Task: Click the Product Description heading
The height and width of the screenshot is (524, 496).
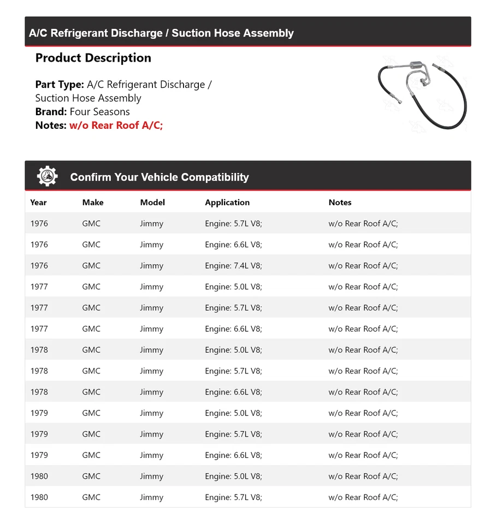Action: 93,58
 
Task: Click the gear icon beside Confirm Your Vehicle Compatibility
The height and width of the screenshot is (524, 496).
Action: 47,176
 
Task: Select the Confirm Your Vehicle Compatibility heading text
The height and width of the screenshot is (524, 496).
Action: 159,177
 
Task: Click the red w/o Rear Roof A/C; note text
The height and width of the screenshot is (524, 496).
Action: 116,125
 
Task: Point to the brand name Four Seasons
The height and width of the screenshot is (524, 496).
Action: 99,111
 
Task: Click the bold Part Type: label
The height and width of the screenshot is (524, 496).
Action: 60,85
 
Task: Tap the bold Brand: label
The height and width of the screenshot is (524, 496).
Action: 51,111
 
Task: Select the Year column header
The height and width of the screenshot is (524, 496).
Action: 38,203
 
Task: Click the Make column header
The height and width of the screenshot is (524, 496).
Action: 93,203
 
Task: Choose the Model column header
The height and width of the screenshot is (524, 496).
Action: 152,203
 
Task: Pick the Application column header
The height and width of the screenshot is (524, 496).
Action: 227,203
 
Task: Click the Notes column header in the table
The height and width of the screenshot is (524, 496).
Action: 340,203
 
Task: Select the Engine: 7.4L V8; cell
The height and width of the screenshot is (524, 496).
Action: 233,266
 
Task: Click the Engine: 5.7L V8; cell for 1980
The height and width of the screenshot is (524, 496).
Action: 233,497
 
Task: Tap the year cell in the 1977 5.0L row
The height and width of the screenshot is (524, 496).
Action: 39,287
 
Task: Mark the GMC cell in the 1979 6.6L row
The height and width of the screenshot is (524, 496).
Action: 91,455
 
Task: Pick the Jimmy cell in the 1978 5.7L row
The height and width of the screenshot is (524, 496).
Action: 151,371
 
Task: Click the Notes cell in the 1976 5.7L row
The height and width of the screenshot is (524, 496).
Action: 363,224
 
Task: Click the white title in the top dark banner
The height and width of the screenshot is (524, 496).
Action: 161,33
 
